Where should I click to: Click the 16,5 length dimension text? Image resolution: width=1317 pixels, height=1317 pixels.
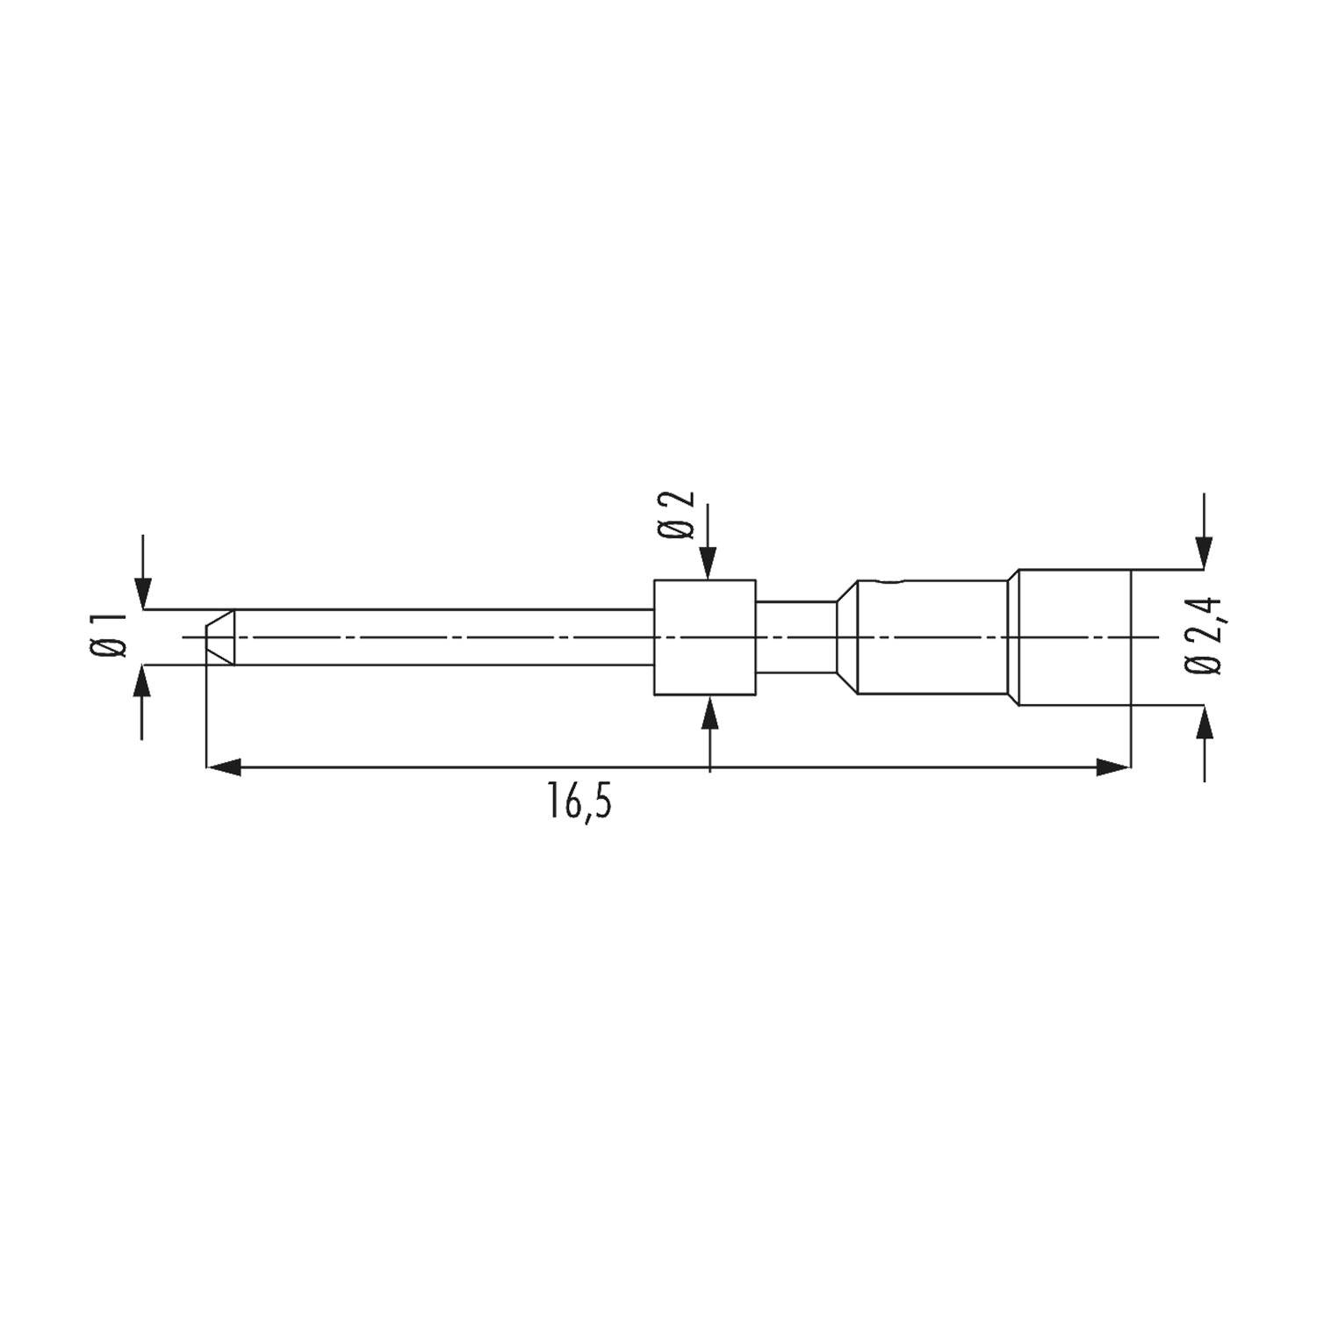[579, 802]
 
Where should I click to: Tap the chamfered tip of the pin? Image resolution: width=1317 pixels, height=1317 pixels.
[219, 637]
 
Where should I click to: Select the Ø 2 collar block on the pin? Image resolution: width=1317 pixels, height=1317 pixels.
[704, 637]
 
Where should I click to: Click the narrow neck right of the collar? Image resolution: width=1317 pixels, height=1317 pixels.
[795, 637]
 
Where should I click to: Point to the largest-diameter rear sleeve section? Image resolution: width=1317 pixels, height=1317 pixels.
[1073, 637]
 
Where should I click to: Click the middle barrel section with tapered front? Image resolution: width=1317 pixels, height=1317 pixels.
[931, 637]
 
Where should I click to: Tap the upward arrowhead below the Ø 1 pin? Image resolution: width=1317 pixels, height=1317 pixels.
[143, 680]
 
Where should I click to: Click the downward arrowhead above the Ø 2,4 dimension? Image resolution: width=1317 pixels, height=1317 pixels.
[1205, 553]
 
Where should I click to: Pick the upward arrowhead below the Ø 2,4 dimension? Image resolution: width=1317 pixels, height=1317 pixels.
[1205, 720]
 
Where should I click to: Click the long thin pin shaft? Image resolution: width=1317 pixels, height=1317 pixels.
[439, 637]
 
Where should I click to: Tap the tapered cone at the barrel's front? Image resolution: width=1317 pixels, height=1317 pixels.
[846, 637]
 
